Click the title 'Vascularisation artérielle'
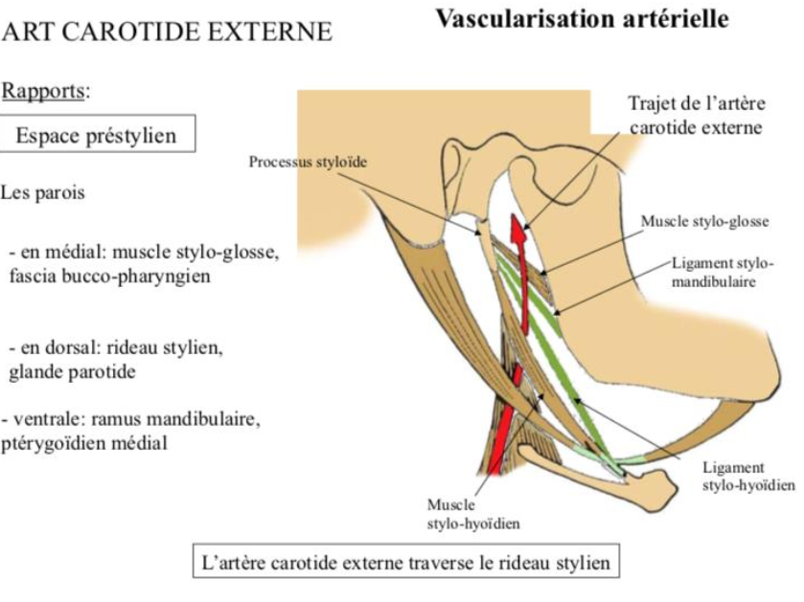[x=582, y=18]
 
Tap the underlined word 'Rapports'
[x=45, y=92]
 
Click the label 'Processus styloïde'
[x=308, y=162]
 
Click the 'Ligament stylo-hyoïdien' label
[x=747, y=476]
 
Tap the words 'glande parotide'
[x=72, y=371]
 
